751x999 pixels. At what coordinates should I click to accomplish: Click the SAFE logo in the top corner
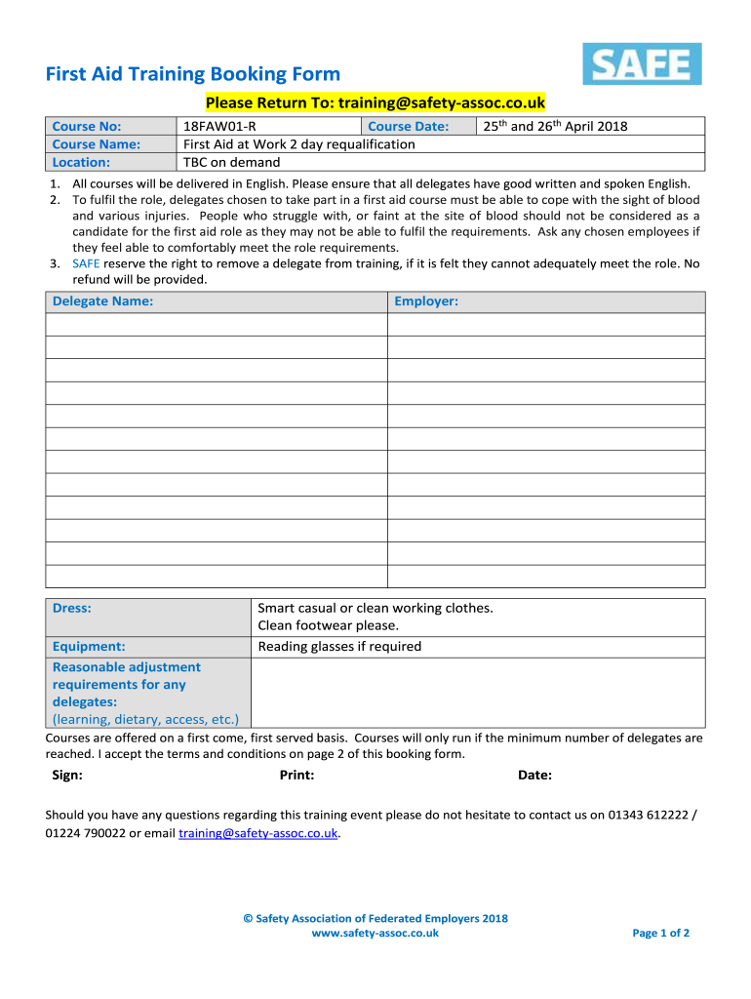point(642,63)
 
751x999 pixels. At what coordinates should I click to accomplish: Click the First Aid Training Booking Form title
point(193,74)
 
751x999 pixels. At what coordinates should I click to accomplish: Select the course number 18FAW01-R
point(220,126)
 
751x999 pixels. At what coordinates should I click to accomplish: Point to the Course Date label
point(408,126)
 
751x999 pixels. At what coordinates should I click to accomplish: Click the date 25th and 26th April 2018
point(555,126)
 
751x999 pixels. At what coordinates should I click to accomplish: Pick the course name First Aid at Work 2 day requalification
point(299,144)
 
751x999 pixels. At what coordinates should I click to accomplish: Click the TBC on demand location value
point(232,162)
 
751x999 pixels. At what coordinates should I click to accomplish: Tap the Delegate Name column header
point(102,301)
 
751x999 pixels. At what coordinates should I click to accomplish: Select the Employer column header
point(426,301)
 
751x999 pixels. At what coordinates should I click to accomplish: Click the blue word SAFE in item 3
point(86,263)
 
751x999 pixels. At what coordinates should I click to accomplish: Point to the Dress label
point(71,608)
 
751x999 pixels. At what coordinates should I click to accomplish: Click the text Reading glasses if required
point(339,647)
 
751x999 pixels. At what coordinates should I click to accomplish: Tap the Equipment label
point(89,647)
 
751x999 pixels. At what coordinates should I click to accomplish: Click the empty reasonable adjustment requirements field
point(478,693)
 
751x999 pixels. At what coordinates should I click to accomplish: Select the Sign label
point(66,776)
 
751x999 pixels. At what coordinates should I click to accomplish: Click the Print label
point(296,776)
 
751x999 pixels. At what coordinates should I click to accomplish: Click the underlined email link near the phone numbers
point(258,833)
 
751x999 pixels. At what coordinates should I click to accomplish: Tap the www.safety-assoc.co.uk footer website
point(375,933)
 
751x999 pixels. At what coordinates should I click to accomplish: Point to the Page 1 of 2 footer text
point(660,933)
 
